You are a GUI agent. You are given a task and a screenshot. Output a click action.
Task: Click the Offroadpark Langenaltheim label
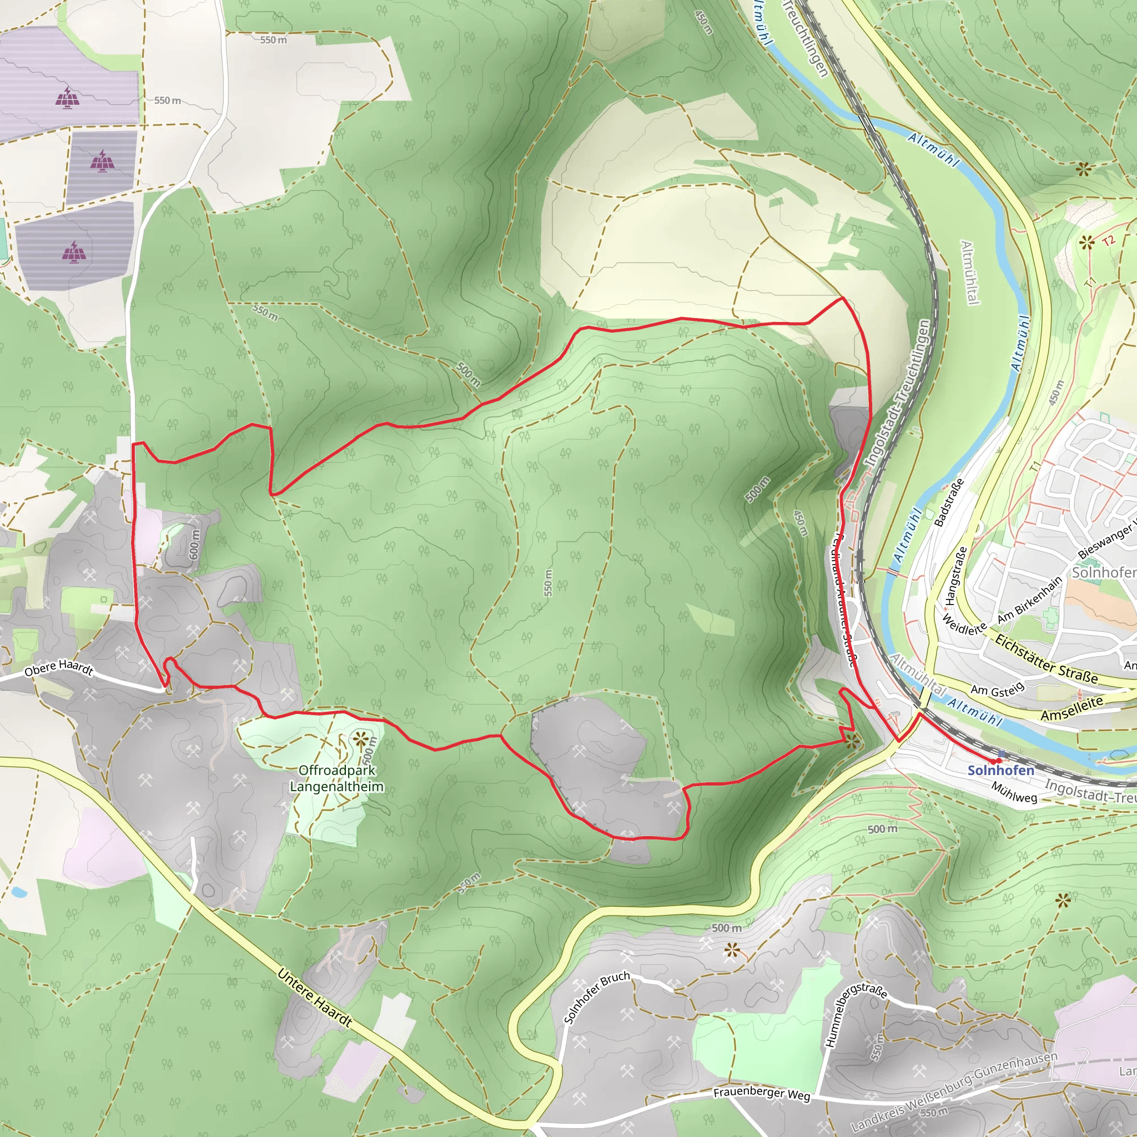pos(336,778)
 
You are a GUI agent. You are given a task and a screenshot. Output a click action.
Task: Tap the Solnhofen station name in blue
pos(1000,771)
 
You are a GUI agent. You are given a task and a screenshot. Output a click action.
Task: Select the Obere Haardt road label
pos(58,668)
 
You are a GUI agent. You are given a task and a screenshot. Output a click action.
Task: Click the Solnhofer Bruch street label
pos(596,997)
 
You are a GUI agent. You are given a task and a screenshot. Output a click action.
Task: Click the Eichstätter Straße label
pos(1046,660)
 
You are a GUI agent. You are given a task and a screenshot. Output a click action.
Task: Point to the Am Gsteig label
pos(997,690)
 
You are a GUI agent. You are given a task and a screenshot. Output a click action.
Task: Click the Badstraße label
pos(949,502)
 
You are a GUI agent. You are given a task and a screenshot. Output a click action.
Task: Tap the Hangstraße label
pos(956,576)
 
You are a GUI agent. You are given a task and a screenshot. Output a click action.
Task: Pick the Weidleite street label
pos(964,625)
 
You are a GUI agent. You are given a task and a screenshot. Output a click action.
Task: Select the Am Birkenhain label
pos(1029,599)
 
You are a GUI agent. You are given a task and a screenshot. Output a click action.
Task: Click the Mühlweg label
pos(1013,792)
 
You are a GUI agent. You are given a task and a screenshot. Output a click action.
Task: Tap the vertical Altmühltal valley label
pos(969,273)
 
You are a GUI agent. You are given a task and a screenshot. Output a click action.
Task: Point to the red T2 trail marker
pos(1109,241)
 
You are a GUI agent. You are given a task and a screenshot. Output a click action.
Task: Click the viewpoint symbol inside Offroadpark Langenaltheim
pos(360,738)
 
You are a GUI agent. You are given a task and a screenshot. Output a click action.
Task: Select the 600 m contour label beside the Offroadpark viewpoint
pos(369,753)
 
